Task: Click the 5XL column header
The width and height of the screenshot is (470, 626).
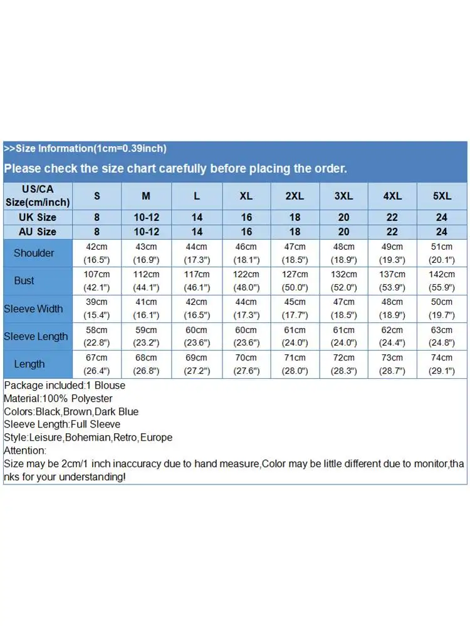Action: (x=442, y=196)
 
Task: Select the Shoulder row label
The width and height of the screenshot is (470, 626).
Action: (x=34, y=253)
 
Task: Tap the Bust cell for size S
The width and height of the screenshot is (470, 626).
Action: (x=97, y=280)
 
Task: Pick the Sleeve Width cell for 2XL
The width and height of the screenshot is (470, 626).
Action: (x=295, y=309)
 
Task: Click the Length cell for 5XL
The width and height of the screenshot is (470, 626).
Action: (x=442, y=364)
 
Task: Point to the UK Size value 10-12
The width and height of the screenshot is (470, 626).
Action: (x=146, y=217)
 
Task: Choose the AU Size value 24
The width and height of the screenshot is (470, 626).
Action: (x=442, y=232)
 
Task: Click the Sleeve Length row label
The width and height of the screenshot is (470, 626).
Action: (x=36, y=336)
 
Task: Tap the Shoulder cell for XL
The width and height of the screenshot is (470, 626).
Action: (x=246, y=253)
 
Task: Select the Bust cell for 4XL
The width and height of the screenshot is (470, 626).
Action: (x=393, y=280)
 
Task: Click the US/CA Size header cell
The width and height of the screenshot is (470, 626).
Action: (x=38, y=196)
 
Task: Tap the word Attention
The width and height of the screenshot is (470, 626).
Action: (x=24, y=451)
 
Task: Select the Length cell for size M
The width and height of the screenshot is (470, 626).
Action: (x=146, y=364)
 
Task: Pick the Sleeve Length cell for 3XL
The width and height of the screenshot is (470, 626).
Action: (x=343, y=336)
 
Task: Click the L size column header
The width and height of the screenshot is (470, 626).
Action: (x=197, y=196)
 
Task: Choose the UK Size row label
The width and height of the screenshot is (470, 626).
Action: (x=38, y=217)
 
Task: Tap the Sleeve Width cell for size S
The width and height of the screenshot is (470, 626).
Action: (x=97, y=309)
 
